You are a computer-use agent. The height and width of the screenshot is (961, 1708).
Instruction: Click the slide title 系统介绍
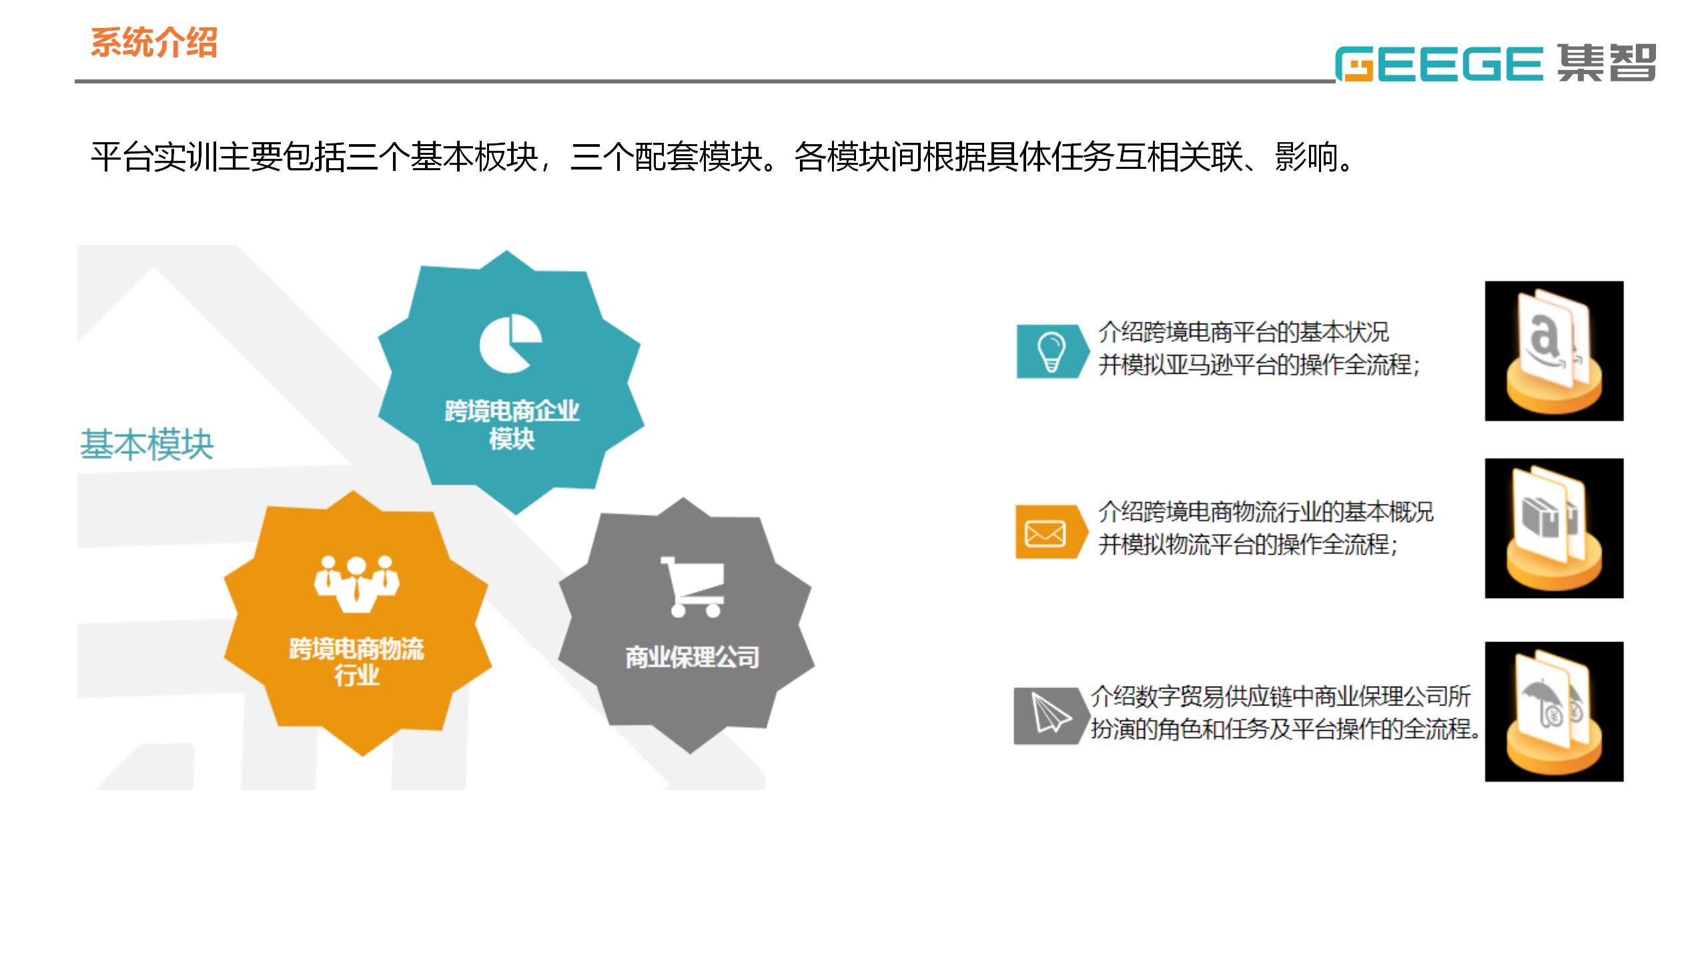click(154, 43)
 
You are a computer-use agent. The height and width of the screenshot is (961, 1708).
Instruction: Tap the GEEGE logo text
click(1439, 64)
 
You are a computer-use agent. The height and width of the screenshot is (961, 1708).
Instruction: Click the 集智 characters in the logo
click(1607, 63)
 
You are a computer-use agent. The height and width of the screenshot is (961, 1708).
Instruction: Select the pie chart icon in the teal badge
click(510, 344)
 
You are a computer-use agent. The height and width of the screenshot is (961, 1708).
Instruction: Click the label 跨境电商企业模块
click(512, 425)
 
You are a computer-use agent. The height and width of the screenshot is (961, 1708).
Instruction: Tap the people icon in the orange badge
click(357, 584)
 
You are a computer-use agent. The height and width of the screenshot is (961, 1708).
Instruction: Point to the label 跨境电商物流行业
click(356, 661)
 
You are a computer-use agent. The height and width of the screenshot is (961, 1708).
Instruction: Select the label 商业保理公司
click(693, 657)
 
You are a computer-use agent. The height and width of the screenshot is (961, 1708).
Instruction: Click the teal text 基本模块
click(147, 444)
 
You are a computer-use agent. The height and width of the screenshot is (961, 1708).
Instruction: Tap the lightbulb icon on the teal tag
click(1051, 352)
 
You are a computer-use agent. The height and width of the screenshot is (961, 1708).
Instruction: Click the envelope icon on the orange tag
click(1045, 533)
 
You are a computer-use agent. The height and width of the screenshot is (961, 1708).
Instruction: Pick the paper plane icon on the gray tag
click(1049, 713)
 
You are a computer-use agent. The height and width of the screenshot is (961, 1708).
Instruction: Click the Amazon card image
click(1554, 351)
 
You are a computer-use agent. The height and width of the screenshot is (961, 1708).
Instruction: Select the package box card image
click(1554, 528)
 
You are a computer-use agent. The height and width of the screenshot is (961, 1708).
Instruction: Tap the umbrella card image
click(1554, 711)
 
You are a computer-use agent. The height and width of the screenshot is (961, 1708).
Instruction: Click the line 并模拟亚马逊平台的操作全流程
click(1259, 365)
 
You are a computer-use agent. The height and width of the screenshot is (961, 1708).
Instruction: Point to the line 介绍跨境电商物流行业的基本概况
click(1266, 512)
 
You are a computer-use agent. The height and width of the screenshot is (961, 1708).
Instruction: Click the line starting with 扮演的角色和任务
click(1286, 729)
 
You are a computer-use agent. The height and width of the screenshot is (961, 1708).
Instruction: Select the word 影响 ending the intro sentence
click(1306, 157)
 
